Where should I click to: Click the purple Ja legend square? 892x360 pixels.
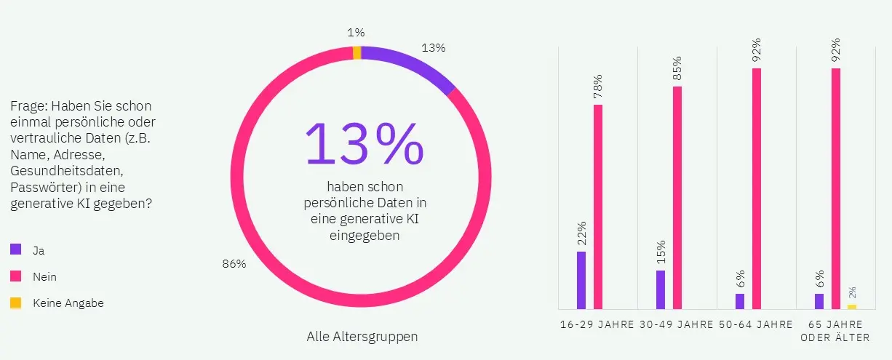click(x=15, y=249)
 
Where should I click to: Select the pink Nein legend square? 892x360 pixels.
click(x=15, y=276)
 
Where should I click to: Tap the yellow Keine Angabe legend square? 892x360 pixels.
click(x=15, y=303)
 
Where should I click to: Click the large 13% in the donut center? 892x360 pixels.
click(x=364, y=143)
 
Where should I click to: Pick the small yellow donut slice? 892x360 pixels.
click(x=357, y=52)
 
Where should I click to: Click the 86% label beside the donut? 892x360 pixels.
click(x=234, y=264)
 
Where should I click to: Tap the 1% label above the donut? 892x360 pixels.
click(x=356, y=32)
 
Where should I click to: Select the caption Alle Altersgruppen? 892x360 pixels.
click(x=362, y=337)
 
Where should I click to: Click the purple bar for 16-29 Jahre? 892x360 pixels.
click(x=581, y=280)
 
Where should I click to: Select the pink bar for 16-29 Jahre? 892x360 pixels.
click(x=598, y=207)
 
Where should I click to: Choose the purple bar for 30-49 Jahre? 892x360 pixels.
click(x=661, y=289)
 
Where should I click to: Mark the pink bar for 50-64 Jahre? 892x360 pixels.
click(x=757, y=188)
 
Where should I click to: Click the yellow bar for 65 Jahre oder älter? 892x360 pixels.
click(x=852, y=306)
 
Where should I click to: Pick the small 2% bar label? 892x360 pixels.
click(x=852, y=292)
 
